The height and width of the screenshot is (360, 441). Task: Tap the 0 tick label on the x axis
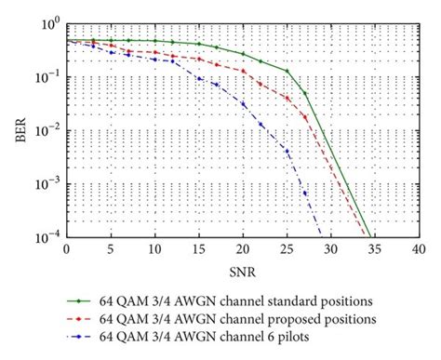(x=66, y=249)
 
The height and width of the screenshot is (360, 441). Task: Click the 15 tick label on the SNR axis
(x=198, y=249)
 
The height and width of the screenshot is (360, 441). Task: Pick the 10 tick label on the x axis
(x=154, y=249)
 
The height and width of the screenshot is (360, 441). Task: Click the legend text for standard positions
(x=243, y=303)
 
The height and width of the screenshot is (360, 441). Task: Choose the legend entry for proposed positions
(x=243, y=319)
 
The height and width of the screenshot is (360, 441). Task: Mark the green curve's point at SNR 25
(x=287, y=72)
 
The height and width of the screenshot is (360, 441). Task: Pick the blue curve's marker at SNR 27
(x=304, y=193)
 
